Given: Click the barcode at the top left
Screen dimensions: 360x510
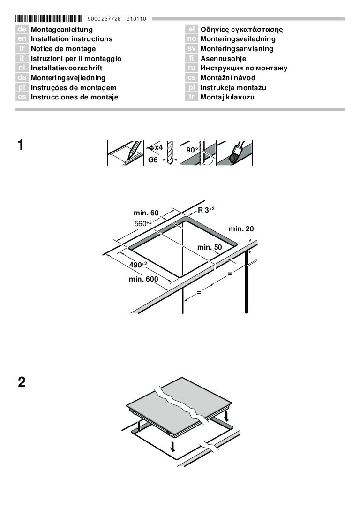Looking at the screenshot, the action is tap(49, 19).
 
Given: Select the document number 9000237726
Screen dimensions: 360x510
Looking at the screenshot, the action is tap(104, 19).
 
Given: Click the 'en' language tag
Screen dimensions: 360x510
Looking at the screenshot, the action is tap(22, 39).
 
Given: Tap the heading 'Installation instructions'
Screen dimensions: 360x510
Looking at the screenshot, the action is tap(71, 39).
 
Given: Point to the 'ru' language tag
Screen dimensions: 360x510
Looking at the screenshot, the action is tap(192, 68).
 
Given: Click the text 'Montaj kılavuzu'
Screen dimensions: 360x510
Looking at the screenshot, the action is tap(227, 97).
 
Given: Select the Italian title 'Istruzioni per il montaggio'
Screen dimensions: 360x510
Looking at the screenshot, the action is tap(76, 59).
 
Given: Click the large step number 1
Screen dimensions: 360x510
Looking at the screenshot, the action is tap(21, 145).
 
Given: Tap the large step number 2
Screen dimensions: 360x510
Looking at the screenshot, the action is tap(22, 382).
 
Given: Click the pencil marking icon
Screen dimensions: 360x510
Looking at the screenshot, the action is tap(126, 153).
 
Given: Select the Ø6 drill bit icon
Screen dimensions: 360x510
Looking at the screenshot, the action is tap(162, 153).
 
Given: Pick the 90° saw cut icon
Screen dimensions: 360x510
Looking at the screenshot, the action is tap(198, 153).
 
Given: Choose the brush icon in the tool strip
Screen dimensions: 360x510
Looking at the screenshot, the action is tap(234, 153).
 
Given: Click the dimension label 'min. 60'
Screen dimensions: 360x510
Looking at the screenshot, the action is tap(146, 213).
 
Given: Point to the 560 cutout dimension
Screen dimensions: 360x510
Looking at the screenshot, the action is tap(143, 223).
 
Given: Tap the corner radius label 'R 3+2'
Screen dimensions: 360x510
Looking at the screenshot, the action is tap(206, 210).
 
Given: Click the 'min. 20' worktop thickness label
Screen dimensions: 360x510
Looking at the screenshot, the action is tap(241, 229).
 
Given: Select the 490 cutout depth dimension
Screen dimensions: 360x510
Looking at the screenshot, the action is tap(138, 265).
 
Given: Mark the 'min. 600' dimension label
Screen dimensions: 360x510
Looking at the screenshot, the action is tap(143, 279).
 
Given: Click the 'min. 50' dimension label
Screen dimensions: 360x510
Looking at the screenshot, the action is tap(210, 247).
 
